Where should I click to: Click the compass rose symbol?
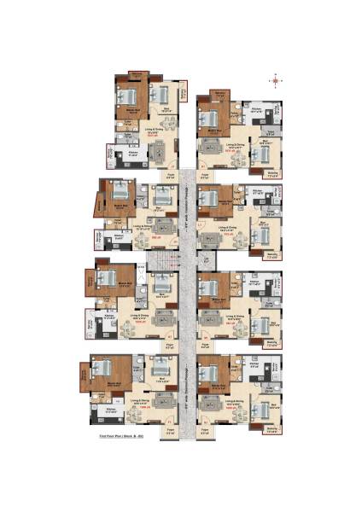276,83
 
